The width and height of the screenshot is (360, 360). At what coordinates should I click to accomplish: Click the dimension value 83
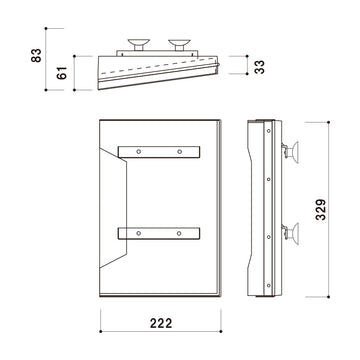point(36,55)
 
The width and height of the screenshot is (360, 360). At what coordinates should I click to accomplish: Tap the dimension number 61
point(62,73)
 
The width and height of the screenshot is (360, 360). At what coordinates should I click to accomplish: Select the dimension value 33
point(259,67)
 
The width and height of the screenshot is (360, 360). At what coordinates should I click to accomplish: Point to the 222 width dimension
point(161,323)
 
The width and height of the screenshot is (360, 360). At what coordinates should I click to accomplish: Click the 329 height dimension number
point(321,210)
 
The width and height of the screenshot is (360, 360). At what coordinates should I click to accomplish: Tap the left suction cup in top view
point(139,44)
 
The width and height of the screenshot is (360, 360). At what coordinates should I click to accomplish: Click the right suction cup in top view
point(179,44)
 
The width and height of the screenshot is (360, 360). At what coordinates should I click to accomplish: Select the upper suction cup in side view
point(291,152)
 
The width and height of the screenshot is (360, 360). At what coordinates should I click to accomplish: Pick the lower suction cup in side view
point(291,234)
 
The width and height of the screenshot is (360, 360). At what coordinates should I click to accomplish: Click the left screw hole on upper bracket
point(139,152)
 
